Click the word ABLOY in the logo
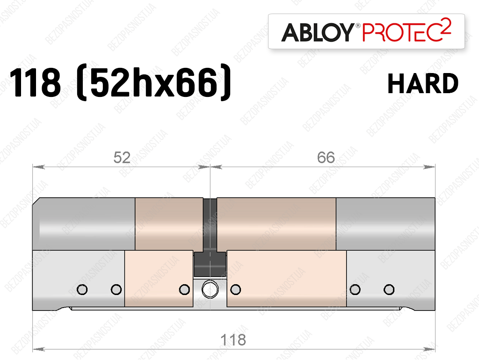(317, 32)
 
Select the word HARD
(423, 83)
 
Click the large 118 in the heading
(35, 82)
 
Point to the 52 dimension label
(122, 158)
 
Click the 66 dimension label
(326, 158)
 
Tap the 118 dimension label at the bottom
(233, 340)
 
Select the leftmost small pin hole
(82, 289)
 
